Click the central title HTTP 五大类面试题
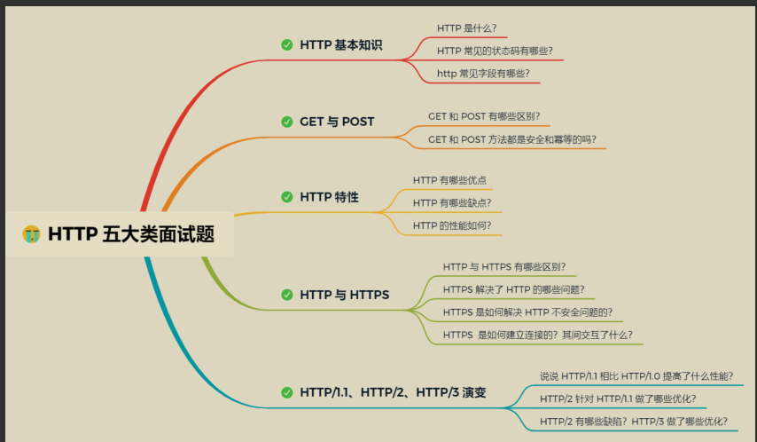131,234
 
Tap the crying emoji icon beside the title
31,234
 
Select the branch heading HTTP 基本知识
341,45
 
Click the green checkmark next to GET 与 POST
287,122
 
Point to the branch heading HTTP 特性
329,197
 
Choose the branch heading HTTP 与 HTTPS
344,295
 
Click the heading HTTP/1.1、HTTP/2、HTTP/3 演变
393,392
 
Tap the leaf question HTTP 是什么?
467,28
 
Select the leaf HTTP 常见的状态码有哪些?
495,51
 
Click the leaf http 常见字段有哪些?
483,74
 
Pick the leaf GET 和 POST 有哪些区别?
484,116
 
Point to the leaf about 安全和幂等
512,139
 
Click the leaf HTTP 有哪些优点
449,180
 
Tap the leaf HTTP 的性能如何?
452,225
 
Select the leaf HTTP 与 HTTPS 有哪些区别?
504,267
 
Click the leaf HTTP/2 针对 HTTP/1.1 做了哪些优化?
618,399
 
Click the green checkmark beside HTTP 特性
287,197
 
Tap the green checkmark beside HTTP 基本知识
287,45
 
